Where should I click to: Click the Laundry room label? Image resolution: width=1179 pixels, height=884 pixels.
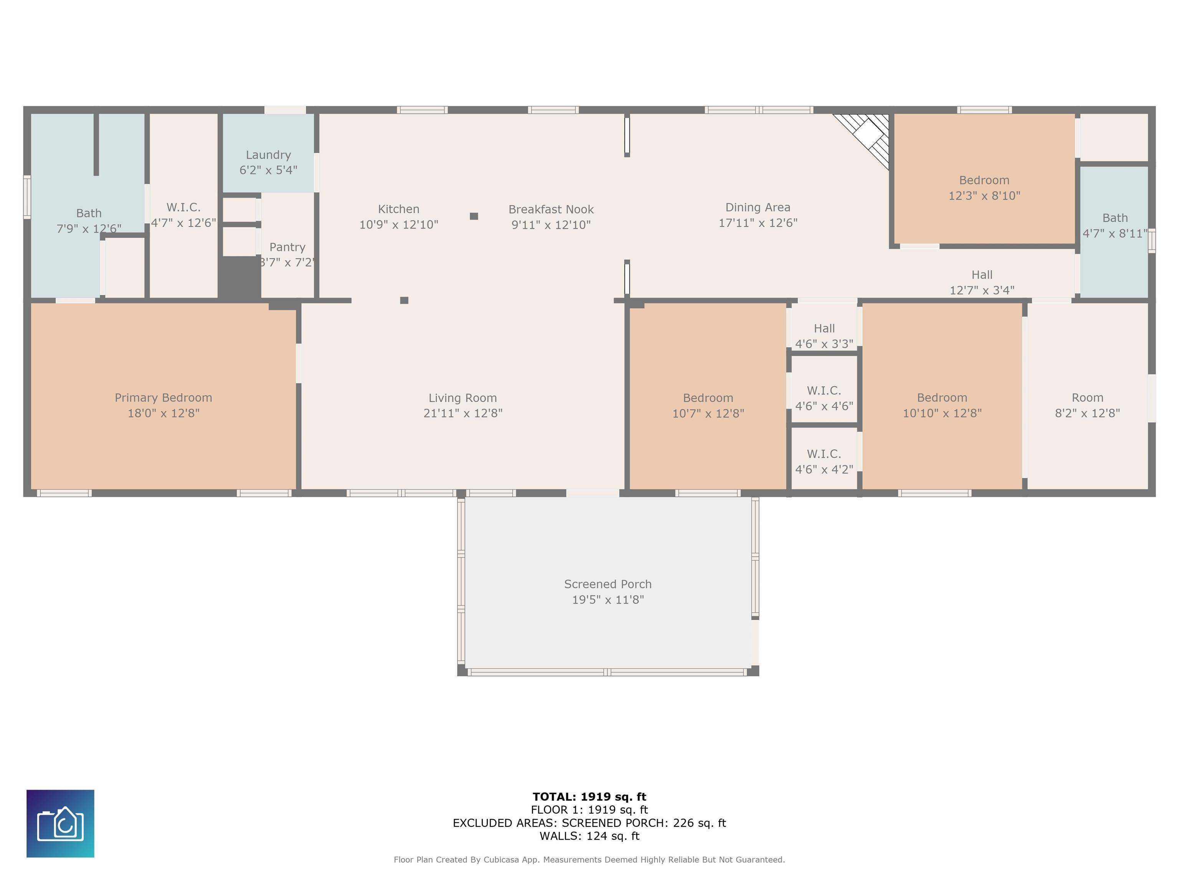pyautogui.click(x=268, y=155)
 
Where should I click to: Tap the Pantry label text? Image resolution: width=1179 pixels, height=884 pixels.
pyautogui.click(x=287, y=247)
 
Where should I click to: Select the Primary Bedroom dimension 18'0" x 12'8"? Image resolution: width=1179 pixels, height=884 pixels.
pyautogui.click(x=163, y=413)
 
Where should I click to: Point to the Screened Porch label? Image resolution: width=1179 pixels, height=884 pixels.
pyautogui.click(x=608, y=584)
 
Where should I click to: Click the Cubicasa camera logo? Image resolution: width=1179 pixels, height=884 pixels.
pyautogui.click(x=60, y=823)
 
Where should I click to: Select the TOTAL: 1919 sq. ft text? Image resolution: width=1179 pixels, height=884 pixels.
pyautogui.click(x=589, y=797)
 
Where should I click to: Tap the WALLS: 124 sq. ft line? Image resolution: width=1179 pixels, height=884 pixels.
pyautogui.click(x=589, y=836)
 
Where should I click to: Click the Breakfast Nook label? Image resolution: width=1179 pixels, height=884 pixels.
pyautogui.click(x=551, y=209)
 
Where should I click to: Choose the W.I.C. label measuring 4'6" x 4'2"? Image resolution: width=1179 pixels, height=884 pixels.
pyautogui.click(x=824, y=454)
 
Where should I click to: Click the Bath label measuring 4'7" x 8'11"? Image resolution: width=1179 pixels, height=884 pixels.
pyautogui.click(x=1115, y=218)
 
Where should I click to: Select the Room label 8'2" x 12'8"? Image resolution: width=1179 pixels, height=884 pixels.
pyautogui.click(x=1087, y=398)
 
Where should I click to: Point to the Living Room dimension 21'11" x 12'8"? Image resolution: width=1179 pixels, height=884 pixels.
pyautogui.click(x=462, y=413)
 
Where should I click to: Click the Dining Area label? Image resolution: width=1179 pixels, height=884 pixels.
pyautogui.click(x=757, y=207)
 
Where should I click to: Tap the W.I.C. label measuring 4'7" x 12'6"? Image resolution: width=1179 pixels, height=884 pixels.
pyautogui.click(x=183, y=207)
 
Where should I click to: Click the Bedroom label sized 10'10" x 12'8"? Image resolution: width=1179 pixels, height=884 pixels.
pyautogui.click(x=942, y=398)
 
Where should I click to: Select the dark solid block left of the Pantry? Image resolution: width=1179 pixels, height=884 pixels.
pyautogui.click(x=240, y=277)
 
